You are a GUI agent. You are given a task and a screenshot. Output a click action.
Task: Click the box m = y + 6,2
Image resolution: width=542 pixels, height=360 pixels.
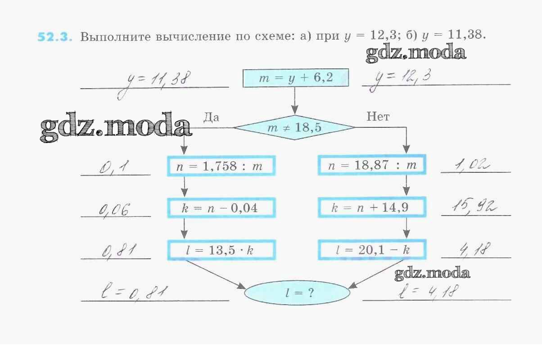(x=296, y=78)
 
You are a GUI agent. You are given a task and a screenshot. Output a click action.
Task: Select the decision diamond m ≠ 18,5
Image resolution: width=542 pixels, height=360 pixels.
(x=294, y=128)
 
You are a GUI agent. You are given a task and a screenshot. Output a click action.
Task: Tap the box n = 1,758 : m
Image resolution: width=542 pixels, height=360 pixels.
(x=221, y=166)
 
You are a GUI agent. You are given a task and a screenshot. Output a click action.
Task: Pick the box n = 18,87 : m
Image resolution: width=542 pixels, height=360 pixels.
(x=372, y=165)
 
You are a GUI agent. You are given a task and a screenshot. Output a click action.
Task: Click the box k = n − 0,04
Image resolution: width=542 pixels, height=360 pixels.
(x=221, y=207)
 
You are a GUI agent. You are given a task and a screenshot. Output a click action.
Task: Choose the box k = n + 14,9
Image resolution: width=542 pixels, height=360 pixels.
(x=372, y=207)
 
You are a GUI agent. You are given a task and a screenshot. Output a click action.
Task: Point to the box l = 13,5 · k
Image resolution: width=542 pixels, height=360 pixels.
(x=221, y=250)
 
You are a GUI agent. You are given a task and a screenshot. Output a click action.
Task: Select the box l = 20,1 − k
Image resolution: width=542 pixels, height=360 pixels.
(x=372, y=250)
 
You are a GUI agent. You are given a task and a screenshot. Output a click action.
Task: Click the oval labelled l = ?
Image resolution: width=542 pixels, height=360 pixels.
(x=297, y=292)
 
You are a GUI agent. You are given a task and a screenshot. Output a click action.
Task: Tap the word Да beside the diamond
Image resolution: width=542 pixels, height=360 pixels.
(x=211, y=117)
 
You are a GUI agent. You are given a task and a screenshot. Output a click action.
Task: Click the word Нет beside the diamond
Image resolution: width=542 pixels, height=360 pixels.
(x=378, y=117)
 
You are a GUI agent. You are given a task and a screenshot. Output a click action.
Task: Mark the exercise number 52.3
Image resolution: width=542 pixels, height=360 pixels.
(x=54, y=37)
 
